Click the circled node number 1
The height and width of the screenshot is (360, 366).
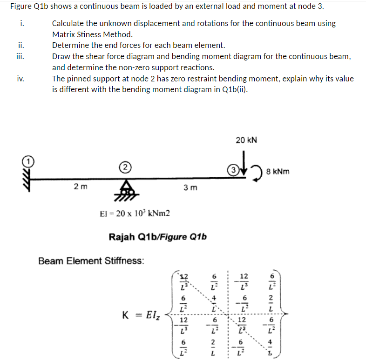(x=27, y=161)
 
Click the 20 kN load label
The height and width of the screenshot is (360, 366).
(x=246, y=140)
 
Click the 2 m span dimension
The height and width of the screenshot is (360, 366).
(x=80, y=187)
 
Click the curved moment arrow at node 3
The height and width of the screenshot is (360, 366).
(x=258, y=171)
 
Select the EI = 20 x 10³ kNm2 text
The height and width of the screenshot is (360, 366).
(x=135, y=213)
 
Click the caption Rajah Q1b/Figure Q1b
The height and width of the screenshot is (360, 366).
(x=157, y=237)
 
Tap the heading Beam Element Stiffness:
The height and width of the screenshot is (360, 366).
(x=91, y=261)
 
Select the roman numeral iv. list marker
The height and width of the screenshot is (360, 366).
(x=20, y=79)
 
